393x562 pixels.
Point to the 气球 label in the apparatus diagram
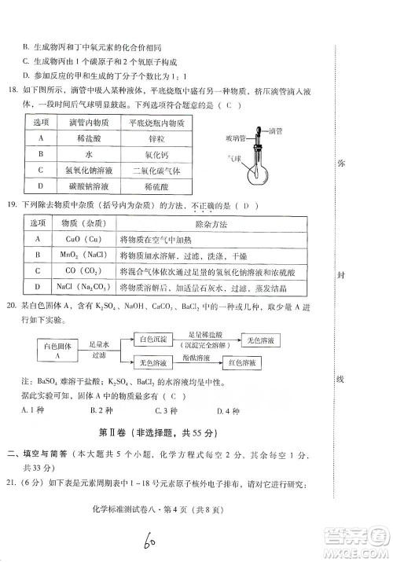tap(233, 158)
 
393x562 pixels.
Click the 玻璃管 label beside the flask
tap(229, 138)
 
